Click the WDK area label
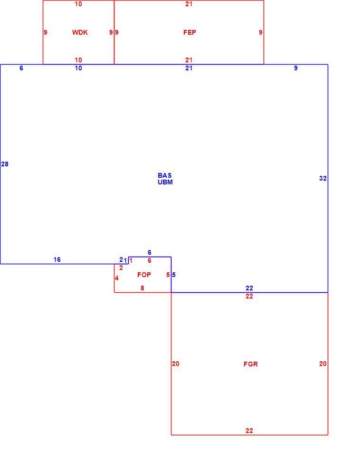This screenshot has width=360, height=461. click(x=80, y=32)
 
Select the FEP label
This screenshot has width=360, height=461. click(x=189, y=32)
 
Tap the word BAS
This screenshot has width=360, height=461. click(x=165, y=175)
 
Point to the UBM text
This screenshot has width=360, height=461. click(x=165, y=182)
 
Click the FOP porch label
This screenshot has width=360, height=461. click(x=144, y=275)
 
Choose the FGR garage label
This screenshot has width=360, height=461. click(x=251, y=364)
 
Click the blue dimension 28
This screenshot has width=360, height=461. click(x=5, y=164)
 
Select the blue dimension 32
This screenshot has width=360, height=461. click(x=322, y=178)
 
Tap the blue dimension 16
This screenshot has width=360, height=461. click(x=57, y=259)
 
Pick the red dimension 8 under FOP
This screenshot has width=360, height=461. click(x=142, y=288)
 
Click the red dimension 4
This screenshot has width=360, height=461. click(x=117, y=278)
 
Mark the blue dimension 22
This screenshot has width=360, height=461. click(x=249, y=288)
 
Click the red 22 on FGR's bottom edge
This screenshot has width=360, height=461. click(x=249, y=431)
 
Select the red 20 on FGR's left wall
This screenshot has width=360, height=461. click(x=175, y=364)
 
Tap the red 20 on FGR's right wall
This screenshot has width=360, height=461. click(x=322, y=364)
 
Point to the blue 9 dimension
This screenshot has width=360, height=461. click(x=295, y=68)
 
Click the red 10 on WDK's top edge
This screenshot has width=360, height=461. click(x=78, y=4)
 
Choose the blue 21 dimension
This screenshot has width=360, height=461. click(x=189, y=68)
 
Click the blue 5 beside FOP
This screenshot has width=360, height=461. click(x=174, y=275)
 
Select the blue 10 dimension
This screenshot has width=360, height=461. click(x=78, y=68)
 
